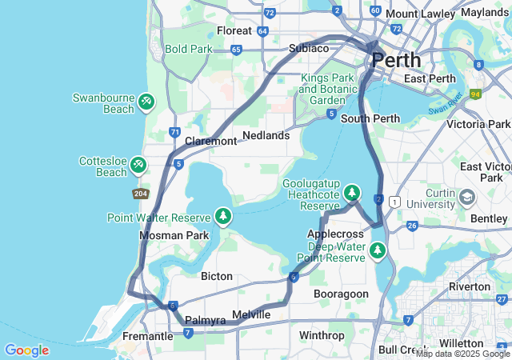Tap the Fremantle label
click(x=148, y=337)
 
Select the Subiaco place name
click(x=309, y=48)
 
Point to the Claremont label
click(x=211, y=141)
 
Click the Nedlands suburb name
click(x=266, y=135)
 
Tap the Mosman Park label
click(x=174, y=235)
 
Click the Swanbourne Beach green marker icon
click(x=146, y=102)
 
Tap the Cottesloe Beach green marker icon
click(x=138, y=165)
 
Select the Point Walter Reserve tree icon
click(x=223, y=216)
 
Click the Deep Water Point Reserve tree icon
click(x=377, y=251)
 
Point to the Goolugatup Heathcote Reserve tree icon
click(x=352, y=193)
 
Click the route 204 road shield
click(x=140, y=194)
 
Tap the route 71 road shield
click(x=174, y=132)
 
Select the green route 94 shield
click(x=475, y=94)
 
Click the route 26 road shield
click(x=412, y=226)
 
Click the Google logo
click(x=26, y=350)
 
